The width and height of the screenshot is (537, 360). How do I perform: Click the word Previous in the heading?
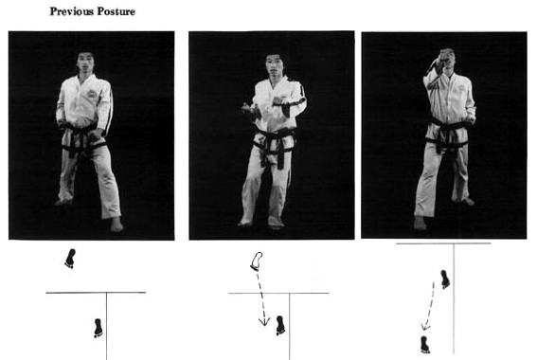coord(72,11)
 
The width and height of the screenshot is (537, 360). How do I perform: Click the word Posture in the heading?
coord(116,11)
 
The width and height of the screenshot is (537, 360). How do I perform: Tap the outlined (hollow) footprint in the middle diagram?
coord(256,261)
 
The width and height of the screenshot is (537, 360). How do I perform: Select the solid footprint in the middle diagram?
coord(280,325)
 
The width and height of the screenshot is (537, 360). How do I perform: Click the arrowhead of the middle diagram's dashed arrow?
coord(264,321)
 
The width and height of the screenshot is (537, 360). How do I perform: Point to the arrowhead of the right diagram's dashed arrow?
coord(425,327)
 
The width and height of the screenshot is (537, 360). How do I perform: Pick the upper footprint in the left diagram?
coord(70,259)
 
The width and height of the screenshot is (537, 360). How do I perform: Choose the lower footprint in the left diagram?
coord(98,328)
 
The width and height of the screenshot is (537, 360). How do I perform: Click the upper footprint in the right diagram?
coord(445,279)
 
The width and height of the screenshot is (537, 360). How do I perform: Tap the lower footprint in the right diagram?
coord(425,344)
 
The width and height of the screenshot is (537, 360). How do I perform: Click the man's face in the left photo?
coord(85,63)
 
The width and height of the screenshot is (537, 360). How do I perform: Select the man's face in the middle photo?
coord(274,66)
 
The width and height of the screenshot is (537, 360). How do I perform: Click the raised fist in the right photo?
coord(446,57)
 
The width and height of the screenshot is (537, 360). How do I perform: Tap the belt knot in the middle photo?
coord(274,141)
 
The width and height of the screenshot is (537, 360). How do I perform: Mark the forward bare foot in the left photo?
coord(116,225)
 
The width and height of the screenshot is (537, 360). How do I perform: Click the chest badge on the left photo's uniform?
coord(92,93)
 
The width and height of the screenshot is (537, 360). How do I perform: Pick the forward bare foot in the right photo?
coord(420,223)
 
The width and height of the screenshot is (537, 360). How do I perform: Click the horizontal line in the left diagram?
coord(96,293)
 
